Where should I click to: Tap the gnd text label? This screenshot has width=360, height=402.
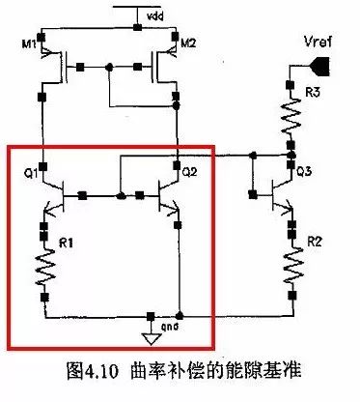click(x=160, y=327)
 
